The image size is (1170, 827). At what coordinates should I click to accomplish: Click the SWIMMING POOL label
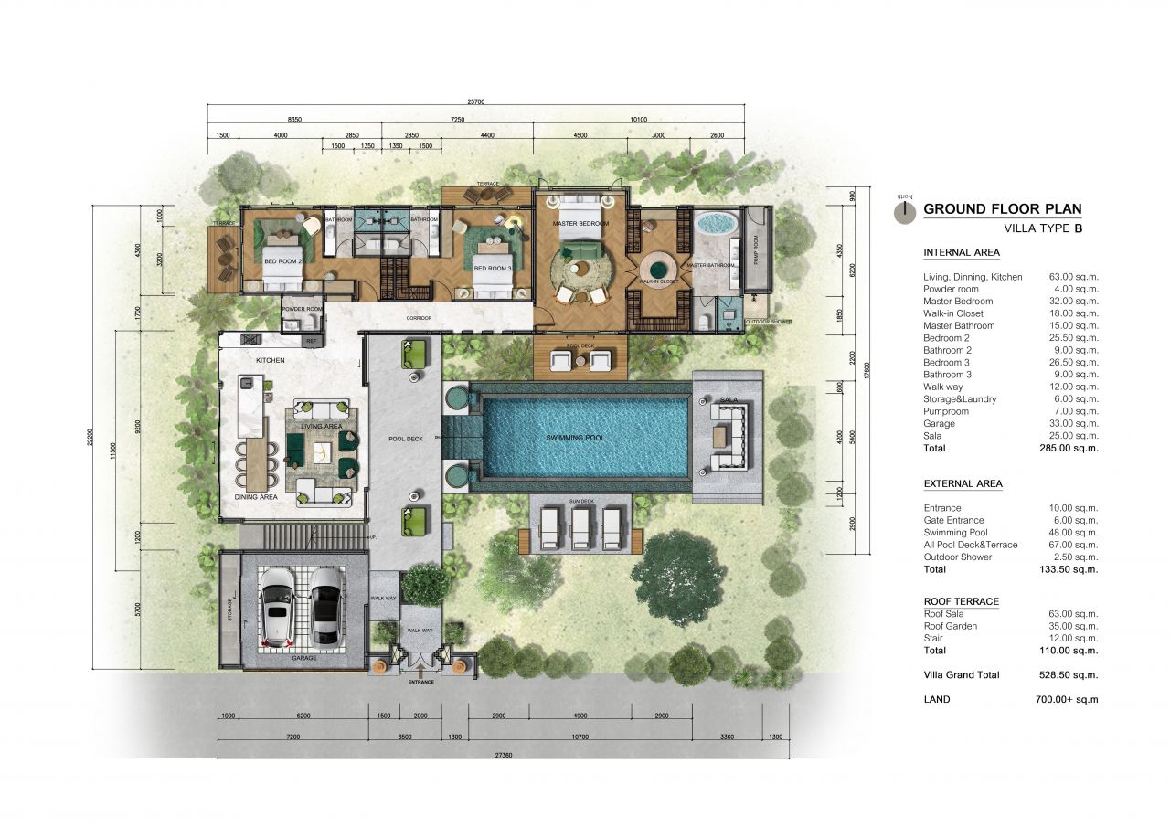coord(575,438)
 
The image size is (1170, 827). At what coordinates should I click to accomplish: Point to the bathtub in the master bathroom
coord(717,224)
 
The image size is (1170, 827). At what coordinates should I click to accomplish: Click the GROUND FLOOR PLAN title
coord(1002,208)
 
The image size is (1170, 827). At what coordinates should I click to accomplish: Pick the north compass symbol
coord(904,209)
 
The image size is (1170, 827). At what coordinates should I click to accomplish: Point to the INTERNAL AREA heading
coord(962,252)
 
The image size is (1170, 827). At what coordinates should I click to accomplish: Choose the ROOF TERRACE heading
coord(961,601)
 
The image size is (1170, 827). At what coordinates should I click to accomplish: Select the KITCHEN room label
coord(271,360)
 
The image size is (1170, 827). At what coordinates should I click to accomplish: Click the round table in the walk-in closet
coord(658,267)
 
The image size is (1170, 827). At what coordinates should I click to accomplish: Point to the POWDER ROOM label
coord(303,309)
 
